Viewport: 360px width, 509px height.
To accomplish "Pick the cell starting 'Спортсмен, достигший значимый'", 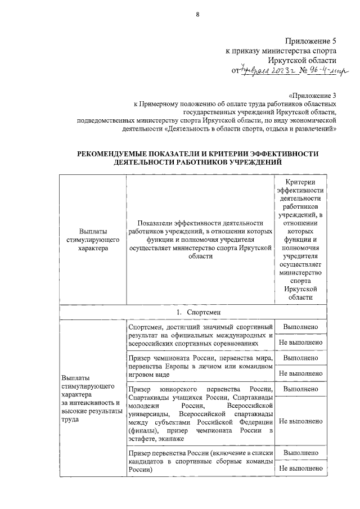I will (200, 335).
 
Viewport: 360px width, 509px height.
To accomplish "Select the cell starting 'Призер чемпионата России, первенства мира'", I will (200, 366).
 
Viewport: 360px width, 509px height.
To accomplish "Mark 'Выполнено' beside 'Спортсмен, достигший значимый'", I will (300, 327).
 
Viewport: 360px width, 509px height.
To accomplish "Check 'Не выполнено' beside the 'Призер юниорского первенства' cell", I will (300, 421).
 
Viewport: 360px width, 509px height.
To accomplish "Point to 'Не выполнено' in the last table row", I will (300, 468).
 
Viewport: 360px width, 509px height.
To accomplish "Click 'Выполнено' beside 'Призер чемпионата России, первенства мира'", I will (300, 358).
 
